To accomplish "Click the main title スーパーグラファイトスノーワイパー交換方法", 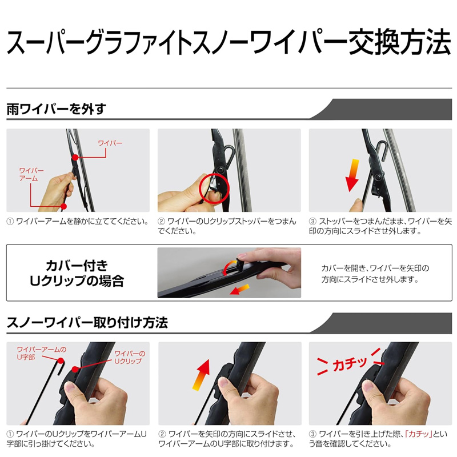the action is pos(228,42).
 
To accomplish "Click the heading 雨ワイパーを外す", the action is pos(56,109).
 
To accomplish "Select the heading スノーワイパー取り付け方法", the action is pos(87,322).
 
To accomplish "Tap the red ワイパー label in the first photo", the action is pos(110,143).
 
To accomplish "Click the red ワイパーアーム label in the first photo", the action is pos(31,174).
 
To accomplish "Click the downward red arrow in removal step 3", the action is pos(352,175).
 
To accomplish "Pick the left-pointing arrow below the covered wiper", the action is pos(239,290).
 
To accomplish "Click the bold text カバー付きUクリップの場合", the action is pos(77,273).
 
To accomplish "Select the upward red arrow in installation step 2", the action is pos(202,375).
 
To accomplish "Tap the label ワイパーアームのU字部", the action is pos(41,353).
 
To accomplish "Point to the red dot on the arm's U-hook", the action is pos(61,361).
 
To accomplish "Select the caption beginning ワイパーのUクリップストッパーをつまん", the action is pos(227,226).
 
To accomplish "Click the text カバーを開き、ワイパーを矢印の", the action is pos(375,268).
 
